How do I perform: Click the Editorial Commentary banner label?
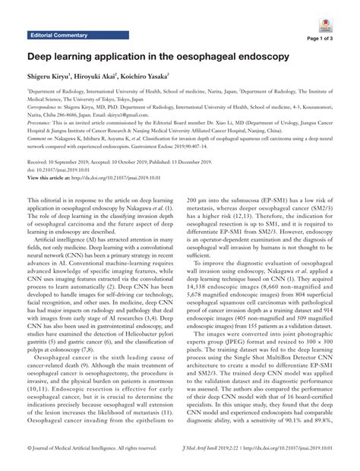coord(58,36)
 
